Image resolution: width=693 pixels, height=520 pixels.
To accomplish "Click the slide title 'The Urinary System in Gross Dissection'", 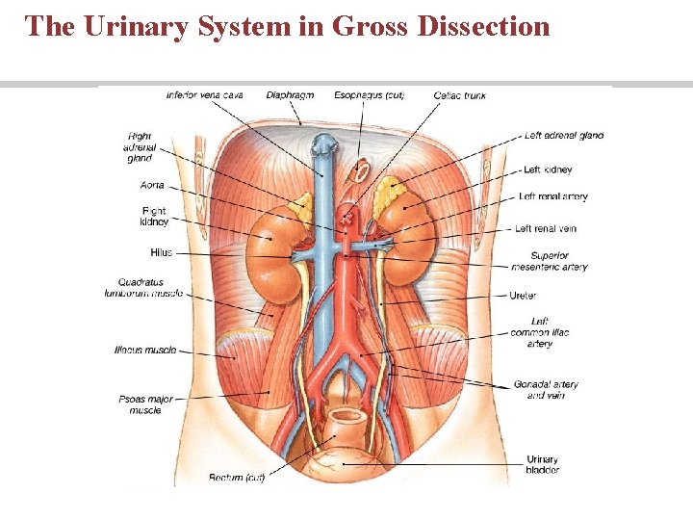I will (x=288, y=26).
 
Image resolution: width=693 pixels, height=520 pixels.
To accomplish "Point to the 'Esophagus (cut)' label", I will (x=370, y=95).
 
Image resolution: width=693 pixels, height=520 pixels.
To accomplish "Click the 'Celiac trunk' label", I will (x=460, y=95).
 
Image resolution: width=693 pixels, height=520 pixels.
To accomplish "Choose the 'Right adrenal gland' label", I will (x=140, y=147).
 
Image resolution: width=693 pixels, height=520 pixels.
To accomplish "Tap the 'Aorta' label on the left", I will (x=152, y=185).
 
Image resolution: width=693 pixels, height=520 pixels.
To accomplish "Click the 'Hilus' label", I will (x=161, y=252).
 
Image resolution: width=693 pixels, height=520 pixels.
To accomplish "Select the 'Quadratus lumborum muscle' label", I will (x=143, y=288).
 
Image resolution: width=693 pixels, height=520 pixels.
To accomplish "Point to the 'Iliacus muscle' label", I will (x=144, y=351).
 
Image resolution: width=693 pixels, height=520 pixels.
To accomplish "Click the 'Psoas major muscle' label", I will (x=145, y=403).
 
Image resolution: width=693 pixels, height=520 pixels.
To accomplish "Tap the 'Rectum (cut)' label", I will (x=237, y=477).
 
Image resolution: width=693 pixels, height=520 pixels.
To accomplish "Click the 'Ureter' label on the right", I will (x=523, y=296).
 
